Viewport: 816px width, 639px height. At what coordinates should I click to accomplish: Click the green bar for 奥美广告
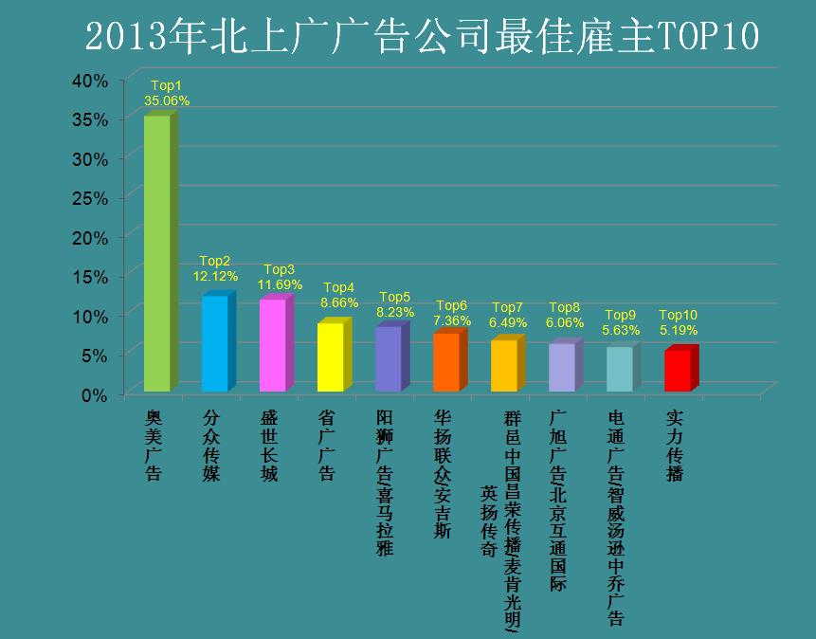point(156,254)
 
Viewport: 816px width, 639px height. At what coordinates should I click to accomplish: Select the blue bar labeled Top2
point(214,343)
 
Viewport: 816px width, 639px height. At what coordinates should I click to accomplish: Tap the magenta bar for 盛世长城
point(272,345)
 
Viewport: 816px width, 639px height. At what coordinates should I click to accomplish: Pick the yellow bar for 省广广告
point(330,356)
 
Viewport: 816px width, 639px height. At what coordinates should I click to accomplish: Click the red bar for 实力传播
point(678,371)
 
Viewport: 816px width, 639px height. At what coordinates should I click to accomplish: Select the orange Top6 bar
point(445,362)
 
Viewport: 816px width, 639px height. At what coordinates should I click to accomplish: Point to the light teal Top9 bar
point(620,369)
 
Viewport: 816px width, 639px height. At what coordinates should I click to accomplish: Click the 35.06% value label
point(167,100)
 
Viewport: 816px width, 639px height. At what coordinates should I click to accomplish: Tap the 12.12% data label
point(215,276)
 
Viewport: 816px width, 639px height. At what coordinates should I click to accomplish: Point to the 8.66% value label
point(339,302)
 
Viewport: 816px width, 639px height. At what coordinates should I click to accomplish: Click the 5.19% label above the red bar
point(679,330)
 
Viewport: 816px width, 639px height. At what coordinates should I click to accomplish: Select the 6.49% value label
point(508,322)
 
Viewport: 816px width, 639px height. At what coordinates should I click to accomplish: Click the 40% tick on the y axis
point(91,82)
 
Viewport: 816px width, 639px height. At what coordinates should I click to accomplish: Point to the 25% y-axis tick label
point(91,198)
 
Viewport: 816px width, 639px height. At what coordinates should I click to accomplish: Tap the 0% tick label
point(95,394)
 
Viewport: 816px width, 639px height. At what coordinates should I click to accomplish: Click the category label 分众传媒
point(212,445)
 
